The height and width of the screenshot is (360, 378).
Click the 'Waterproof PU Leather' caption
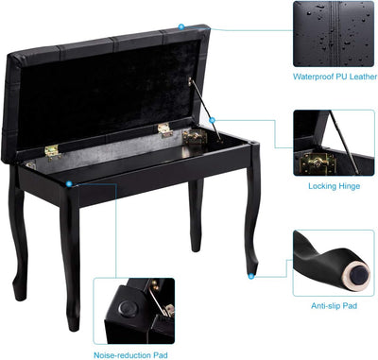(x=335, y=77)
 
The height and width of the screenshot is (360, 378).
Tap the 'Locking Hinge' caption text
(x=334, y=186)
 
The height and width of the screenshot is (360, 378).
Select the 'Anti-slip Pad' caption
(x=334, y=305)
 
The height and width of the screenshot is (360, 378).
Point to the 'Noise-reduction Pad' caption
(x=130, y=355)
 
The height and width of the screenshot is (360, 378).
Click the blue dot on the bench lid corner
(x=180, y=26)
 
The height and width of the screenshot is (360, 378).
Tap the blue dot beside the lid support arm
(x=212, y=120)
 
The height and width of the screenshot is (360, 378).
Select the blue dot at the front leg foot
(x=251, y=276)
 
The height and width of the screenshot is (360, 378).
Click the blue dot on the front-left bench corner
(x=69, y=183)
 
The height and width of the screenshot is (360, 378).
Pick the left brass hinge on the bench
(x=52, y=151)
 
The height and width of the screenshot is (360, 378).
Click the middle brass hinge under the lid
(x=164, y=129)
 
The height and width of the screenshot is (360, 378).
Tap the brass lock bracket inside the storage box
(x=195, y=137)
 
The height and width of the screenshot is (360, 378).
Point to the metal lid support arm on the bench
(x=205, y=110)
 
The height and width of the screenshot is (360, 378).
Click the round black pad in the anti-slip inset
(x=360, y=273)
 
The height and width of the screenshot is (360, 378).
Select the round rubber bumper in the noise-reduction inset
(x=129, y=308)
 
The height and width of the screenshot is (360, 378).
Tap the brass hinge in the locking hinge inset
(x=318, y=163)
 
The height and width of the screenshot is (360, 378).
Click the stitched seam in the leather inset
(x=335, y=34)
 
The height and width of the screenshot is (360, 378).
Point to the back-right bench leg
(x=196, y=215)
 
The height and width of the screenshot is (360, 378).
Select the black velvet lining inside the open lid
(x=107, y=93)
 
